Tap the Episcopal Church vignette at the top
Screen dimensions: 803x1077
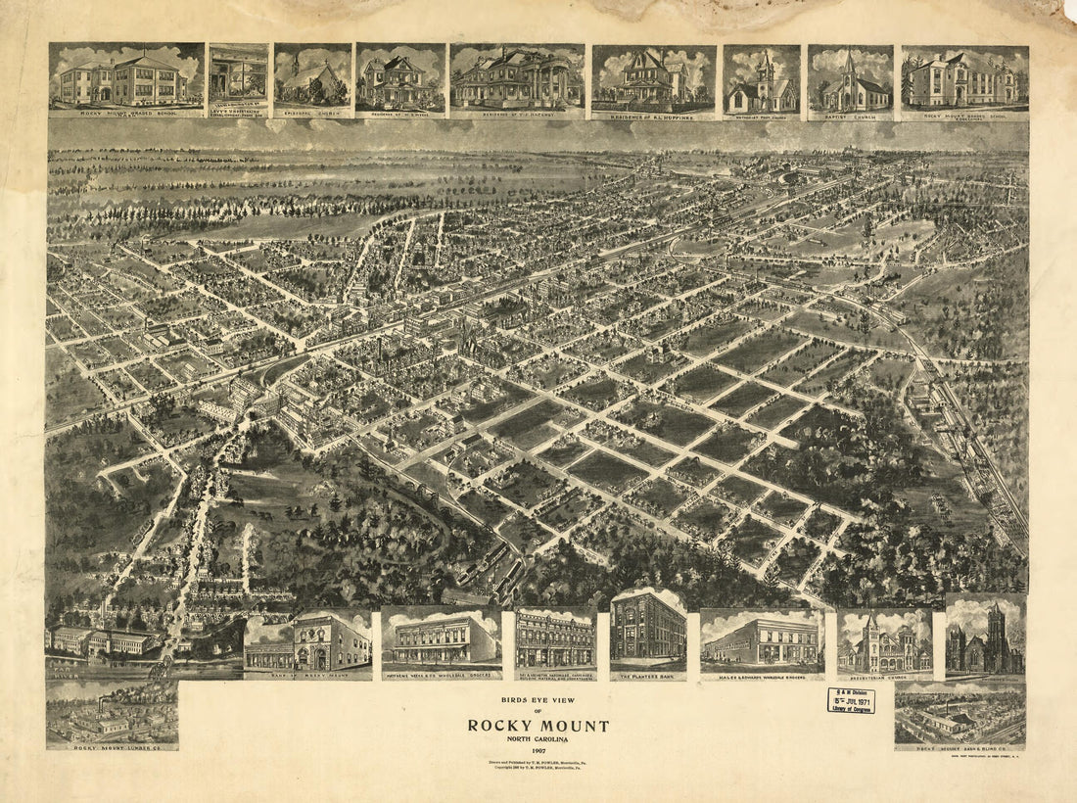click(312, 80)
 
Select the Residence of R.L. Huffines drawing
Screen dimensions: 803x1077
click(653, 80)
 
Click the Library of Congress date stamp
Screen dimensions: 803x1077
click(851, 700)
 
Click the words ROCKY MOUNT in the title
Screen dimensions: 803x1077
click(538, 726)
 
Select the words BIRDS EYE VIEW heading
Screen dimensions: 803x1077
click(538, 702)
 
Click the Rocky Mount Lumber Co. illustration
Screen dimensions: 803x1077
click(112, 715)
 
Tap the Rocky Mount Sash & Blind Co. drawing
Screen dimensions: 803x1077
click(960, 715)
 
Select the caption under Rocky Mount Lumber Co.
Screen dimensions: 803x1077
click(112, 747)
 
